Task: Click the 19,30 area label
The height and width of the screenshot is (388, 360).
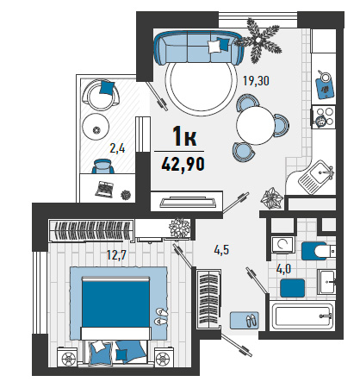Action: [x=256, y=81]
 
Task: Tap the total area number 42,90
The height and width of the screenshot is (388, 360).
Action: [x=183, y=165]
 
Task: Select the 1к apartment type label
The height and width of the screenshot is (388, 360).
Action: [x=184, y=136]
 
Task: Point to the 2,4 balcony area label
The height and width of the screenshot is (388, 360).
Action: [x=117, y=148]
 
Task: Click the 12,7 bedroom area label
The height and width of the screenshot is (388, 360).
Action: [x=116, y=254]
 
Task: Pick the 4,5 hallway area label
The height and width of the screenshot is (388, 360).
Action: [x=221, y=250]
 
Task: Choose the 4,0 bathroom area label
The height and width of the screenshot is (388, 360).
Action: [x=283, y=269]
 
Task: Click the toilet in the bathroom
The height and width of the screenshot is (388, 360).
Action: [x=318, y=251]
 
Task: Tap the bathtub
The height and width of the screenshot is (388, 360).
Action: [x=302, y=316]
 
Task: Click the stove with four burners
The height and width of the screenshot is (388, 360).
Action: [x=324, y=117]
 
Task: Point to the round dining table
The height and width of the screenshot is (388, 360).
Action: [x=256, y=125]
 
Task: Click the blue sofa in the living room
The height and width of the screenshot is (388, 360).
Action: [x=199, y=47]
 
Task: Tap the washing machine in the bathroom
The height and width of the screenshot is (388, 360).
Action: [x=282, y=245]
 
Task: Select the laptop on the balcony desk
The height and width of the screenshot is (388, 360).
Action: [x=104, y=189]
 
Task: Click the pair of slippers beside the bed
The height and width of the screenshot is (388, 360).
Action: [x=161, y=316]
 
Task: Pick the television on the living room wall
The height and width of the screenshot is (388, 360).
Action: [x=188, y=202]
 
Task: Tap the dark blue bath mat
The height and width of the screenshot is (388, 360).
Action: [x=292, y=288]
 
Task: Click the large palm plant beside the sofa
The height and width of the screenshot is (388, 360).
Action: [x=258, y=40]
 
